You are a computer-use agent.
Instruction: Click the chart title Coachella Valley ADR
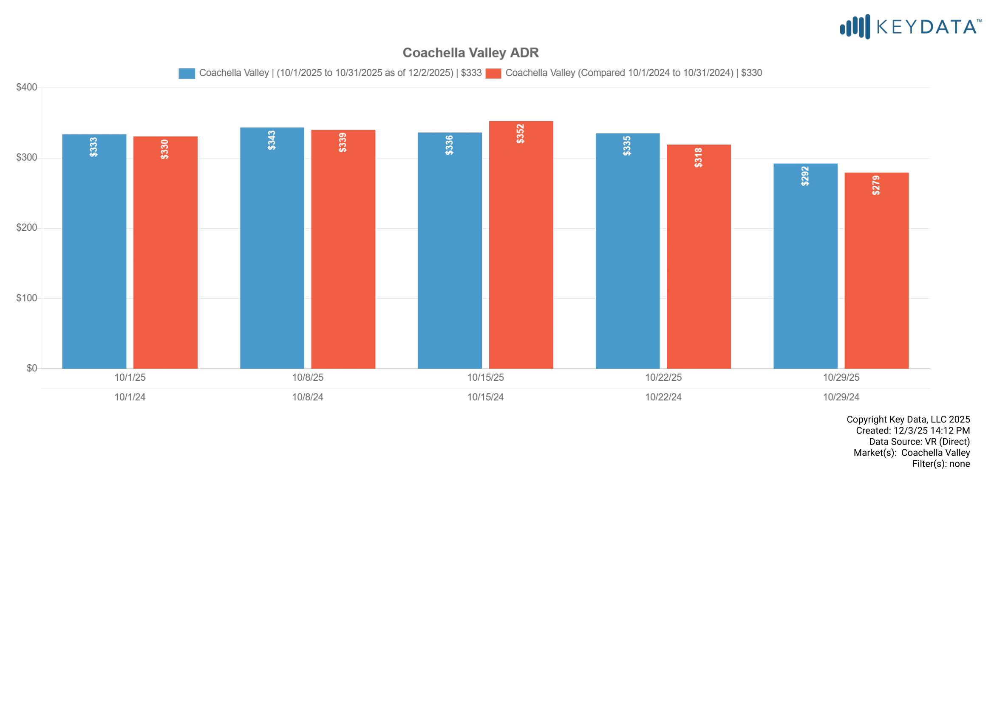click(x=470, y=53)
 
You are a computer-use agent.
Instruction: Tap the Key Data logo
click(x=910, y=27)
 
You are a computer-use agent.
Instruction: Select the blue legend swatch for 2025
click(x=187, y=73)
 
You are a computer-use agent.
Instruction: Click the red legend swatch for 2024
click(x=493, y=73)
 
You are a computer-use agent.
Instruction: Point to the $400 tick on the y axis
click(x=26, y=88)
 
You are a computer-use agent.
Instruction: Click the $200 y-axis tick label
click(x=26, y=228)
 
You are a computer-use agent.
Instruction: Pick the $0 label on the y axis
click(x=31, y=369)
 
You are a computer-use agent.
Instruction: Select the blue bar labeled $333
click(x=94, y=260)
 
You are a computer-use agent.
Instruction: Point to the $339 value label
click(x=343, y=143)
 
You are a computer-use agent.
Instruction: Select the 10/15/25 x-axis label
click(x=485, y=377)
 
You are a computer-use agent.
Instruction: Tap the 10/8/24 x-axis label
click(x=307, y=397)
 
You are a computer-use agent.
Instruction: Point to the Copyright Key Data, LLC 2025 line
click(x=908, y=420)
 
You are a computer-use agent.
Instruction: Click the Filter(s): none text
click(x=941, y=464)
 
